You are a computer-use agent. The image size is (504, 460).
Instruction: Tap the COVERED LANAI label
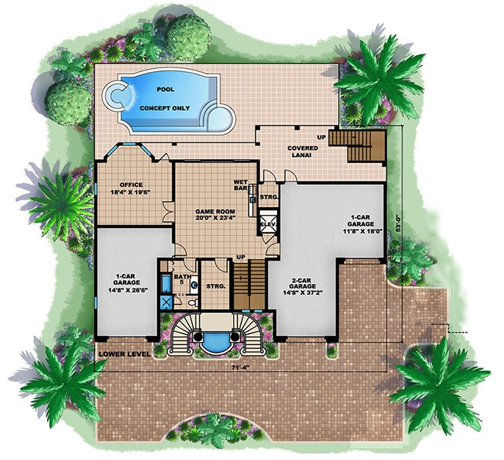(303, 152)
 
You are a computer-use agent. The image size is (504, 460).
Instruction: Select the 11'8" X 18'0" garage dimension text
(360, 228)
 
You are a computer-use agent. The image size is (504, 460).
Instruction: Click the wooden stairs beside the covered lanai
(357, 145)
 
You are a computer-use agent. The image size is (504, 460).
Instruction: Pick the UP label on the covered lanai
(321, 137)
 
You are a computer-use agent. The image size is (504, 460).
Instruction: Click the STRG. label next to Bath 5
(215, 286)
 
